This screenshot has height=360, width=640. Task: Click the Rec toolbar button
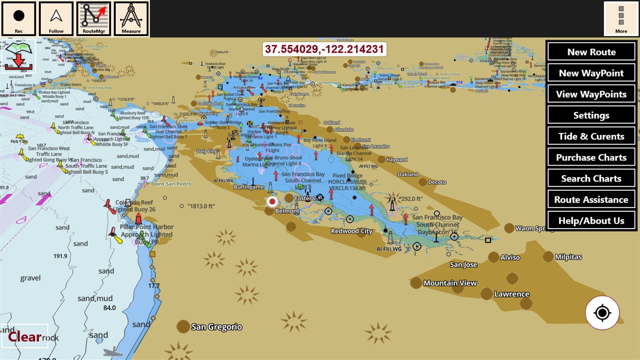(19, 19)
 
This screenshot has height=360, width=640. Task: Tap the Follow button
(56, 19)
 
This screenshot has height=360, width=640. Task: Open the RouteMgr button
(94, 19)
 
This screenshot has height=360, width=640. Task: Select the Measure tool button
(131, 19)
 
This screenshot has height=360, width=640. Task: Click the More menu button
(621, 19)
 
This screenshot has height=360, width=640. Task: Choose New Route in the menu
(591, 52)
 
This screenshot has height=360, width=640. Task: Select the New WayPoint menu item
(591, 73)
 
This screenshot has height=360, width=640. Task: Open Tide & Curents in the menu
(591, 136)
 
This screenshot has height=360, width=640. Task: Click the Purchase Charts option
(591, 157)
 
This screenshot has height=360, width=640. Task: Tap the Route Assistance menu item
(591, 199)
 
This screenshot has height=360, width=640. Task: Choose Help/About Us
(591, 220)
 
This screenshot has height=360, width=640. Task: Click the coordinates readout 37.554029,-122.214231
(324, 49)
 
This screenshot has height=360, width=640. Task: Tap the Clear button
(25, 337)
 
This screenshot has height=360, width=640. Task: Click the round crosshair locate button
(602, 313)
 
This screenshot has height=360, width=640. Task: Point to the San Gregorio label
(216, 327)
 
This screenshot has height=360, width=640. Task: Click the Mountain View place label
(450, 283)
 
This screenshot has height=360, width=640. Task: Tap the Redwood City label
(352, 231)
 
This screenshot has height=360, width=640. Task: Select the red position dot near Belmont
(273, 201)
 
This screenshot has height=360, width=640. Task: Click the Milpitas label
(568, 257)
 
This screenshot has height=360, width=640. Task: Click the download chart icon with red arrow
(19, 56)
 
